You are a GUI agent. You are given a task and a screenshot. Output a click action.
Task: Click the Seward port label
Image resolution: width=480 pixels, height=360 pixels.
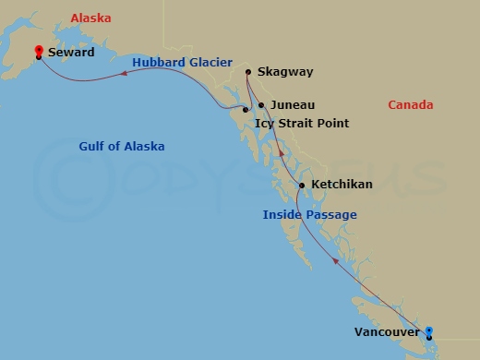71,53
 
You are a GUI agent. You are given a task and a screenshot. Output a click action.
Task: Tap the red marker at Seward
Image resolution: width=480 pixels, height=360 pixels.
38,52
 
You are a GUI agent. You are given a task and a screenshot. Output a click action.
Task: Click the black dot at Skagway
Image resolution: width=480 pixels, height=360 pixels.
248,71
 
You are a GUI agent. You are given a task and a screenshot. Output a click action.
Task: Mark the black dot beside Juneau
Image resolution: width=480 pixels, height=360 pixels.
261,105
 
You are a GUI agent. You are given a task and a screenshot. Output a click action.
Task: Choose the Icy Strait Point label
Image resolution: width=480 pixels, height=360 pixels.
301,123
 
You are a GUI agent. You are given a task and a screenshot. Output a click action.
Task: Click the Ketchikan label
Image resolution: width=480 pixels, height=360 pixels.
342,185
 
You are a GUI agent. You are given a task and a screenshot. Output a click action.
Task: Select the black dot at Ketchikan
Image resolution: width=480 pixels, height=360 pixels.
302,186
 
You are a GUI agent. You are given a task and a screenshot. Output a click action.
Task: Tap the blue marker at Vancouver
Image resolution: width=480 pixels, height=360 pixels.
428,331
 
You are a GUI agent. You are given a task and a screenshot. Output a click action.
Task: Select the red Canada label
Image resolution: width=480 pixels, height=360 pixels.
410,105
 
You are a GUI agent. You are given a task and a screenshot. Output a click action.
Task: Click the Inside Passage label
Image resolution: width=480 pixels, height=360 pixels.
309,215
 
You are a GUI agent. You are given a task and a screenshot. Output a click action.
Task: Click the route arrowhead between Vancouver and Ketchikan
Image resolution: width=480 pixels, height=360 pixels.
335,261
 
